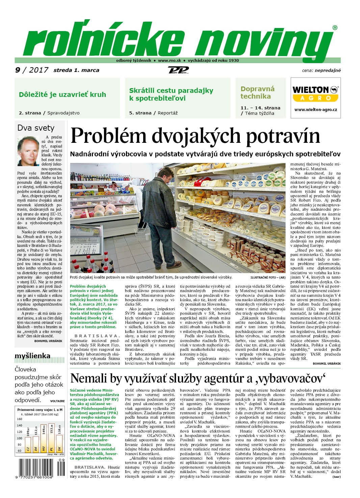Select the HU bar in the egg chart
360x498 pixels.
[x=44, y=438]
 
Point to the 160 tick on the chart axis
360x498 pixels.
[x=20, y=419]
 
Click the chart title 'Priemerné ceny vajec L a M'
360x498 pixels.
[x=40, y=410]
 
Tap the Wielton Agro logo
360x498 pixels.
[x=315, y=93]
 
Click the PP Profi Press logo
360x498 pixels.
[x=178, y=70]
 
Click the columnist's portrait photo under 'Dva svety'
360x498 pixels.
[x=28, y=151]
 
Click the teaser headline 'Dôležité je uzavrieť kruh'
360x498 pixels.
[x=62, y=95]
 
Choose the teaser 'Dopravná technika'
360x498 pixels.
[x=257, y=93]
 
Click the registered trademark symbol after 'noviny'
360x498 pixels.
[x=335, y=28]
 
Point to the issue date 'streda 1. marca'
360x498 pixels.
[x=76, y=70]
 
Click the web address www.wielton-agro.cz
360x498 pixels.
[x=315, y=110]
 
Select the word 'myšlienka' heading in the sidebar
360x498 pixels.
[x=32, y=356]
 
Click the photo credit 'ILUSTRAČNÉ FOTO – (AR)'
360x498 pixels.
[x=268, y=278]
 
